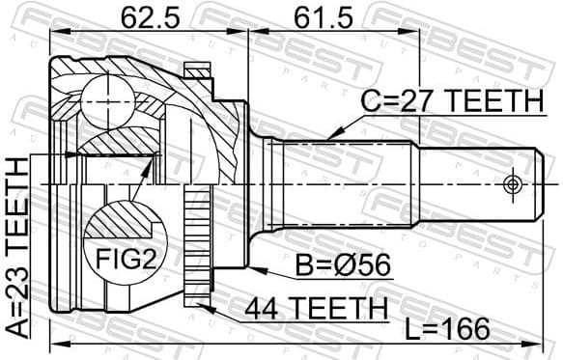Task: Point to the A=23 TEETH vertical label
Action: coord(17,245)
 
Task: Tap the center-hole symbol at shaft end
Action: coord(512,182)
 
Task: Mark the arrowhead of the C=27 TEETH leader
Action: coord(331,134)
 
